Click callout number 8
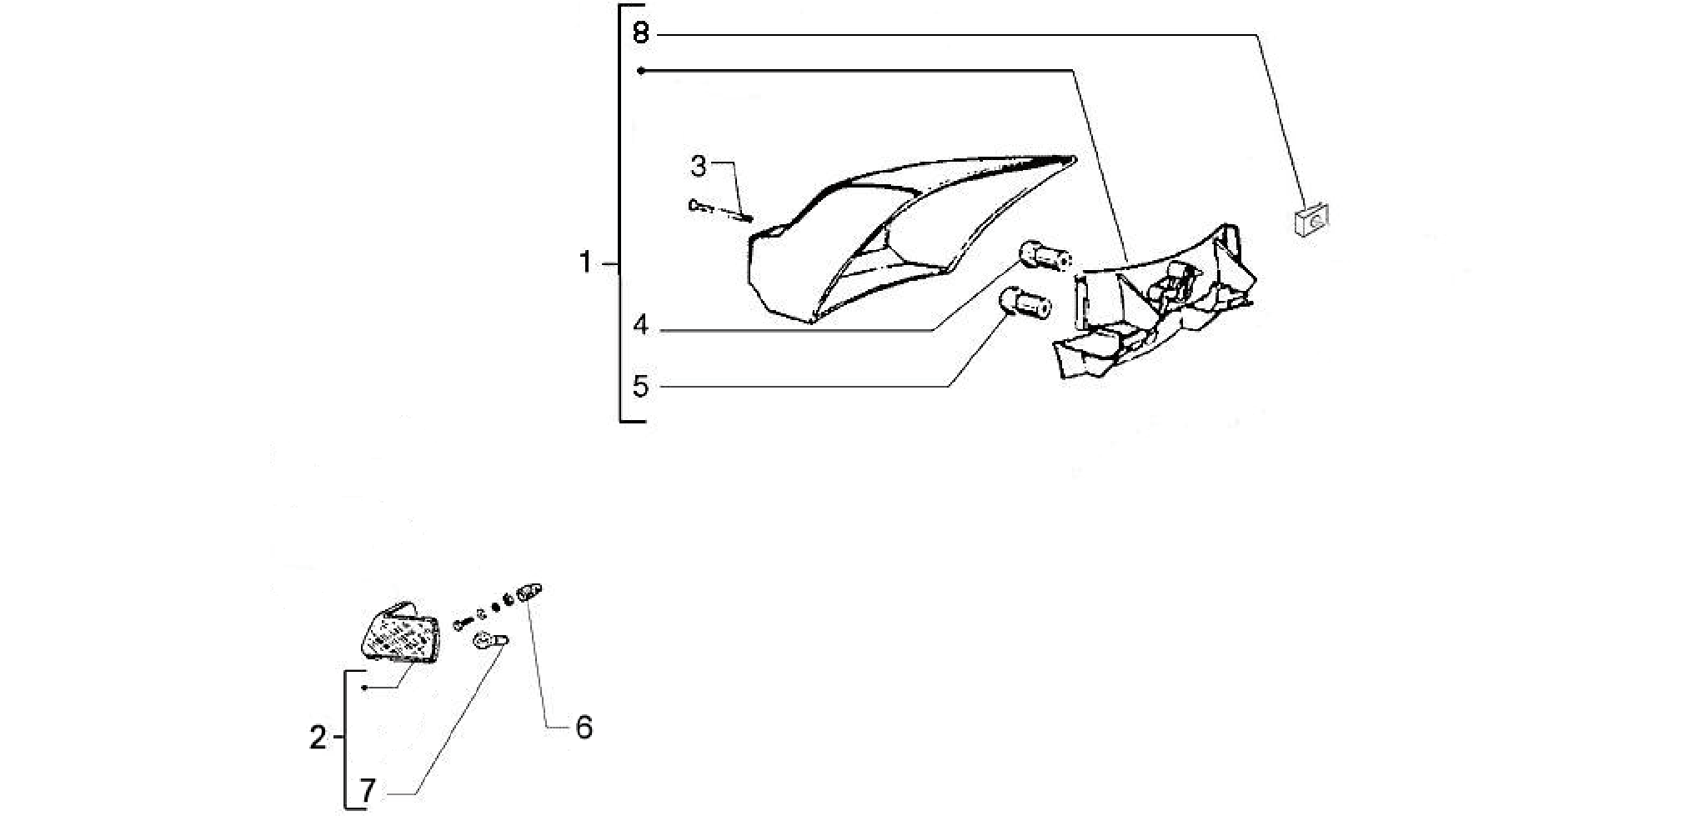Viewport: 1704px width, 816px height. click(x=640, y=33)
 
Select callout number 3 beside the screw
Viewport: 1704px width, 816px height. click(x=699, y=167)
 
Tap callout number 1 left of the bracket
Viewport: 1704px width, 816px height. click(x=585, y=263)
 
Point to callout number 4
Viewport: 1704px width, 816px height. click(x=640, y=325)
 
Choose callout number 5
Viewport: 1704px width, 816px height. click(x=640, y=387)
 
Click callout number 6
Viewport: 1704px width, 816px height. click(x=584, y=728)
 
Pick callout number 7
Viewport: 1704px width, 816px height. click(x=368, y=789)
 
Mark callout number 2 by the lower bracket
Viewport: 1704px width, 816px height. click(x=318, y=738)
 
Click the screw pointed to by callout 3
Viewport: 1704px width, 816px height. click(x=720, y=210)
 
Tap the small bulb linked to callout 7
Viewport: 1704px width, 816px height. click(x=490, y=642)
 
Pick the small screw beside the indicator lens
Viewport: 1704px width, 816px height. click(x=464, y=623)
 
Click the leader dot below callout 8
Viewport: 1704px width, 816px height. click(x=640, y=71)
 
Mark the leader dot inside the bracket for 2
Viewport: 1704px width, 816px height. click(x=364, y=688)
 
